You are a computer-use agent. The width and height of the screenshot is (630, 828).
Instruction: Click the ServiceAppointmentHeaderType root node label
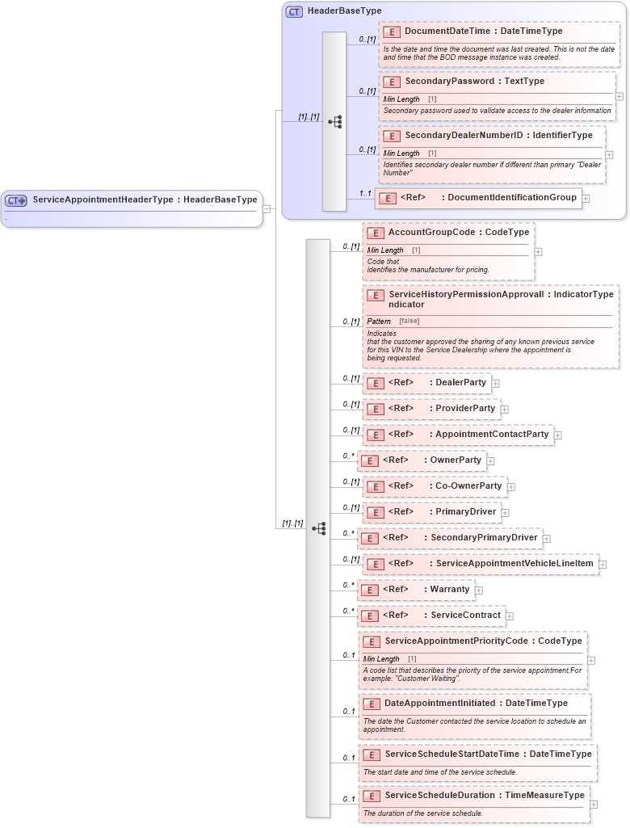[145, 200]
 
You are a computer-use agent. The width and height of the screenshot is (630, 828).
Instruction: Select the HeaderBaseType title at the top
[344, 11]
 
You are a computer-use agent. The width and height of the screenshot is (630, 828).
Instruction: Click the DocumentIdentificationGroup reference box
[478, 198]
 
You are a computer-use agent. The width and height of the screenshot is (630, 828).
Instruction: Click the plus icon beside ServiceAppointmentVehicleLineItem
[603, 564]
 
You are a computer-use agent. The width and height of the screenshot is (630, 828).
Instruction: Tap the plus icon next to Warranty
[479, 591]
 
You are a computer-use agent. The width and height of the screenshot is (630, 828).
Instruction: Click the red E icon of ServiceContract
[368, 616]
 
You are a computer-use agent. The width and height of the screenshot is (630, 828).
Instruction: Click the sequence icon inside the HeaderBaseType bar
[334, 122]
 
